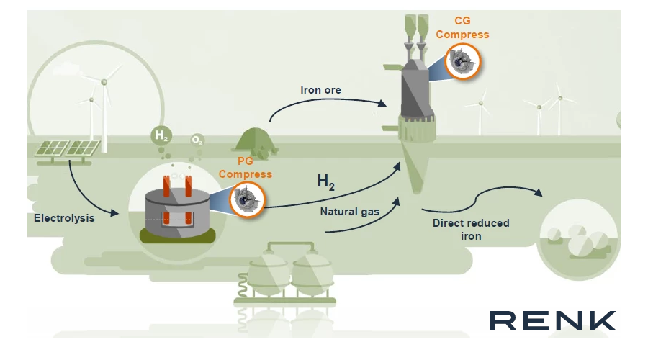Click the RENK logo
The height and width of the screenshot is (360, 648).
coord(552,320)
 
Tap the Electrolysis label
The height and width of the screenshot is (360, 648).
coord(64,217)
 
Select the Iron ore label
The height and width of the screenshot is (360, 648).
coord(320,90)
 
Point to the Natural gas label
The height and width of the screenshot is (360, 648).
coord(349,212)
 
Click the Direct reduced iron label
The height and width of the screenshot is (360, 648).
coord(471,229)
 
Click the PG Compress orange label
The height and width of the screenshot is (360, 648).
coord(246,168)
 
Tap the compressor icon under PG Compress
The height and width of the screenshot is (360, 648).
coord(246,198)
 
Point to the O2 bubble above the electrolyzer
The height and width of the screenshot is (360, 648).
coord(197,140)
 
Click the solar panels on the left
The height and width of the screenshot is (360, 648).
coord(68,149)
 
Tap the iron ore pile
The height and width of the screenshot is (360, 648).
coord(260,140)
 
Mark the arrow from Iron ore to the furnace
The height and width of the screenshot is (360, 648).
coord(324,105)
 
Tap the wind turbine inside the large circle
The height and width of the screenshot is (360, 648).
coord(104,108)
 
